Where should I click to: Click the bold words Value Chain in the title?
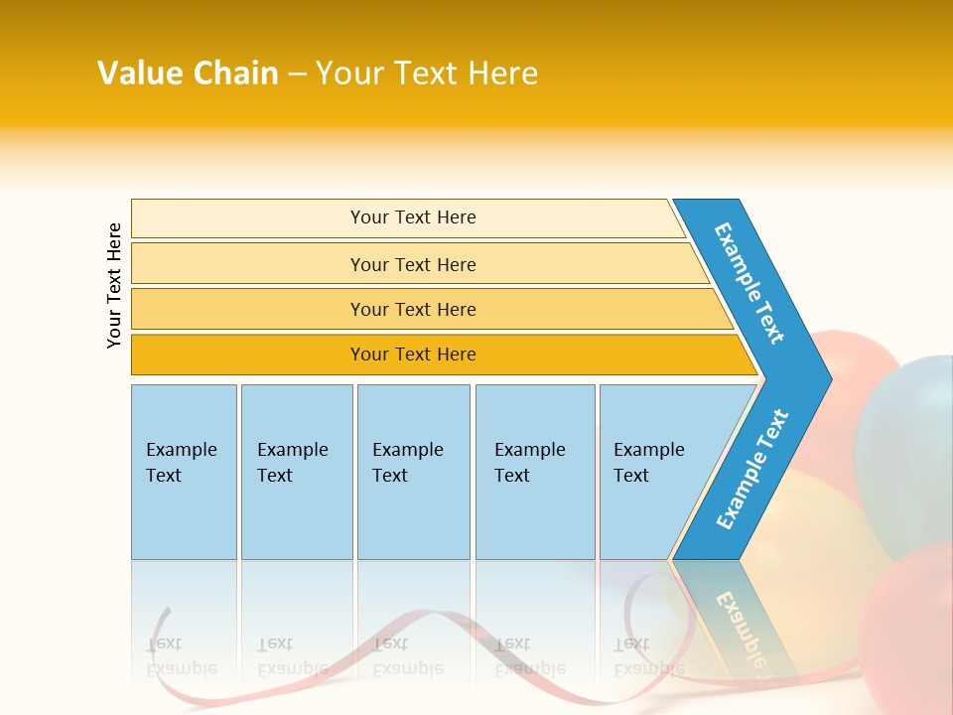pos(188,72)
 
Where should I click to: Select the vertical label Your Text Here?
pos(114,286)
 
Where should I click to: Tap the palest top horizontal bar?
pos(407,218)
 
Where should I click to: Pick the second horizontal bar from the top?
pos(419,263)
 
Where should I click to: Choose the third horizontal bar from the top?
pos(432,309)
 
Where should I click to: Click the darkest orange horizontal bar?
pos(444,355)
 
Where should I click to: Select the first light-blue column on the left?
pos(185,472)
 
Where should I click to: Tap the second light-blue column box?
pos(297,472)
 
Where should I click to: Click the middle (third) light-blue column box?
pos(414,472)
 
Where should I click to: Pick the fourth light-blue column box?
pos(535,472)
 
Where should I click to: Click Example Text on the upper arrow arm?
pos(749,283)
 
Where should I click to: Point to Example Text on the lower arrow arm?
pos(752,469)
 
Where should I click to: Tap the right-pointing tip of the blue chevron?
pos(832,379)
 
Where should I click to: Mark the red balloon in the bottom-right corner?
pos(908,627)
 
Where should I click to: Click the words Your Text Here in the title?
pos(427,72)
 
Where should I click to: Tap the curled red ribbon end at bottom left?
pos(159,633)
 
